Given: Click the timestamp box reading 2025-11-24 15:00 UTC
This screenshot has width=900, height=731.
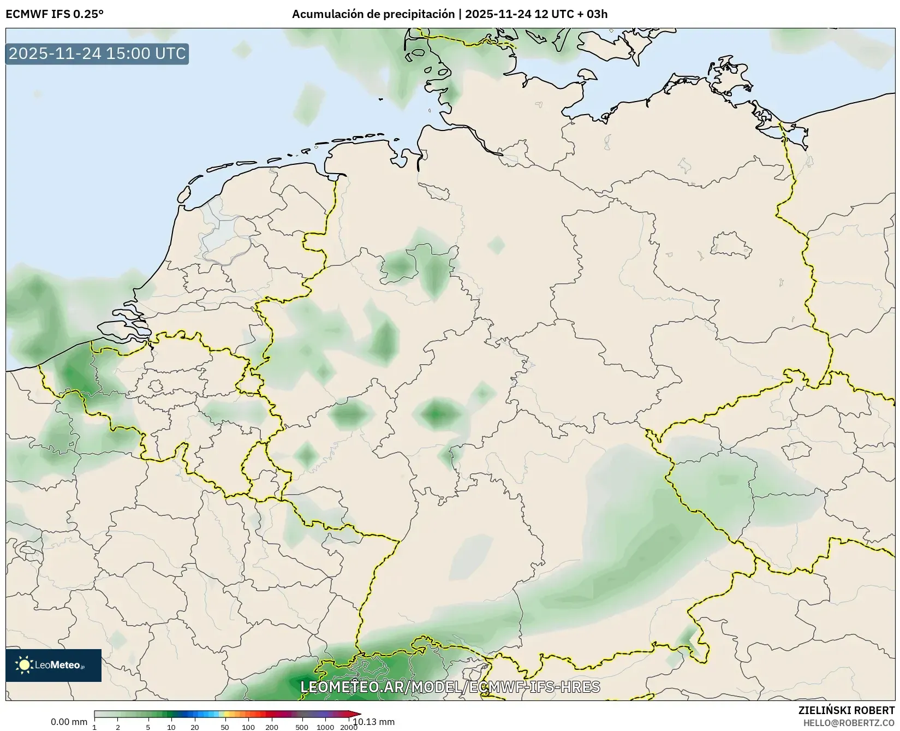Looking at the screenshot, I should pyautogui.click(x=97, y=54).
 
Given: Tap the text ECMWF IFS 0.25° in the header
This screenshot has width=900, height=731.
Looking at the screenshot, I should pyautogui.click(x=54, y=14).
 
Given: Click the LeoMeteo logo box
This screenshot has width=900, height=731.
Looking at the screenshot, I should pyautogui.click(x=53, y=665).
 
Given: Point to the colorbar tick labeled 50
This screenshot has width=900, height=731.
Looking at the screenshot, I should pyautogui.click(x=225, y=727).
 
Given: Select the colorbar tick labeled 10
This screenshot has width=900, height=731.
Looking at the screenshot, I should pyautogui.click(x=171, y=727).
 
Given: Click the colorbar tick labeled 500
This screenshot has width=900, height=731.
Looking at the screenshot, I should pyautogui.click(x=302, y=727).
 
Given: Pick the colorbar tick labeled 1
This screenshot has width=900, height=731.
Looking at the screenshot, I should pyautogui.click(x=94, y=727).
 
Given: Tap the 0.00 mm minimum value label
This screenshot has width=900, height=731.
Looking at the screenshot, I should pyautogui.click(x=69, y=722).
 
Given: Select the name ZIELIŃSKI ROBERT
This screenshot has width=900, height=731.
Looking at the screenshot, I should pyautogui.click(x=847, y=710).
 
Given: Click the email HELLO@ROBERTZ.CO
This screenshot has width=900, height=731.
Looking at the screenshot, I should pyautogui.click(x=849, y=723).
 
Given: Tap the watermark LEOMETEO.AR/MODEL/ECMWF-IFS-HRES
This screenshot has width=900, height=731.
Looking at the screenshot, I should pyautogui.click(x=450, y=687).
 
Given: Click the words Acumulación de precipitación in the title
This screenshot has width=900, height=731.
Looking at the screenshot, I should pyautogui.click(x=373, y=14).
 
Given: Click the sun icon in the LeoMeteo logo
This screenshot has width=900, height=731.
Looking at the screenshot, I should pyautogui.click(x=24, y=665).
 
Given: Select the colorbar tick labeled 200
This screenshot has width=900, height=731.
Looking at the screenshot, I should pyautogui.click(x=272, y=727).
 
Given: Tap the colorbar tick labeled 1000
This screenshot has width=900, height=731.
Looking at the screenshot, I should pyautogui.click(x=325, y=727).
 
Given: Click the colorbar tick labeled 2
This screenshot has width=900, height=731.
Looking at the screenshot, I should pyautogui.click(x=118, y=727).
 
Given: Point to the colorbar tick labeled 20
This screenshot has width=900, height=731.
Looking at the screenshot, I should pyautogui.click(x=195, y=727).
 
